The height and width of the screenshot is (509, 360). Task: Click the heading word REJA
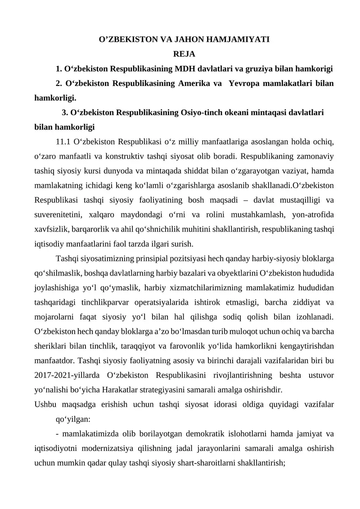(184, 54)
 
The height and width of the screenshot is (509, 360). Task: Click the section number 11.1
(63, 143)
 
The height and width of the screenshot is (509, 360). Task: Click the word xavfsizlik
(51, 230)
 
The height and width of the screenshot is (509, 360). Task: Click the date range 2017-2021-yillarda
(68, 374)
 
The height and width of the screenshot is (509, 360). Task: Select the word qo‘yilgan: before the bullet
(73, 419)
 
